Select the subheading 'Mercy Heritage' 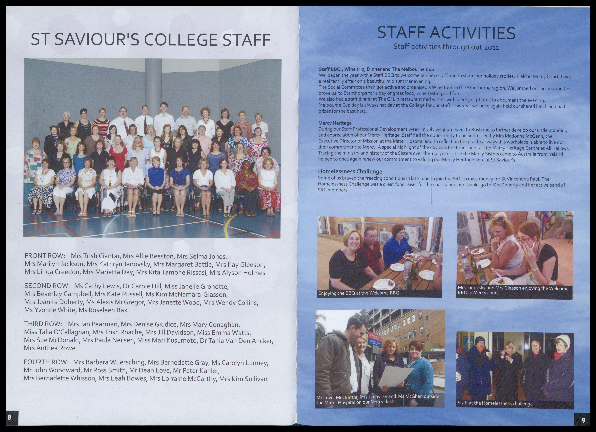tap(335, 123)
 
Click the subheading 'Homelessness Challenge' tap(350, 171)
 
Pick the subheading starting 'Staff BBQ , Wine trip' tap(376, 69)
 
